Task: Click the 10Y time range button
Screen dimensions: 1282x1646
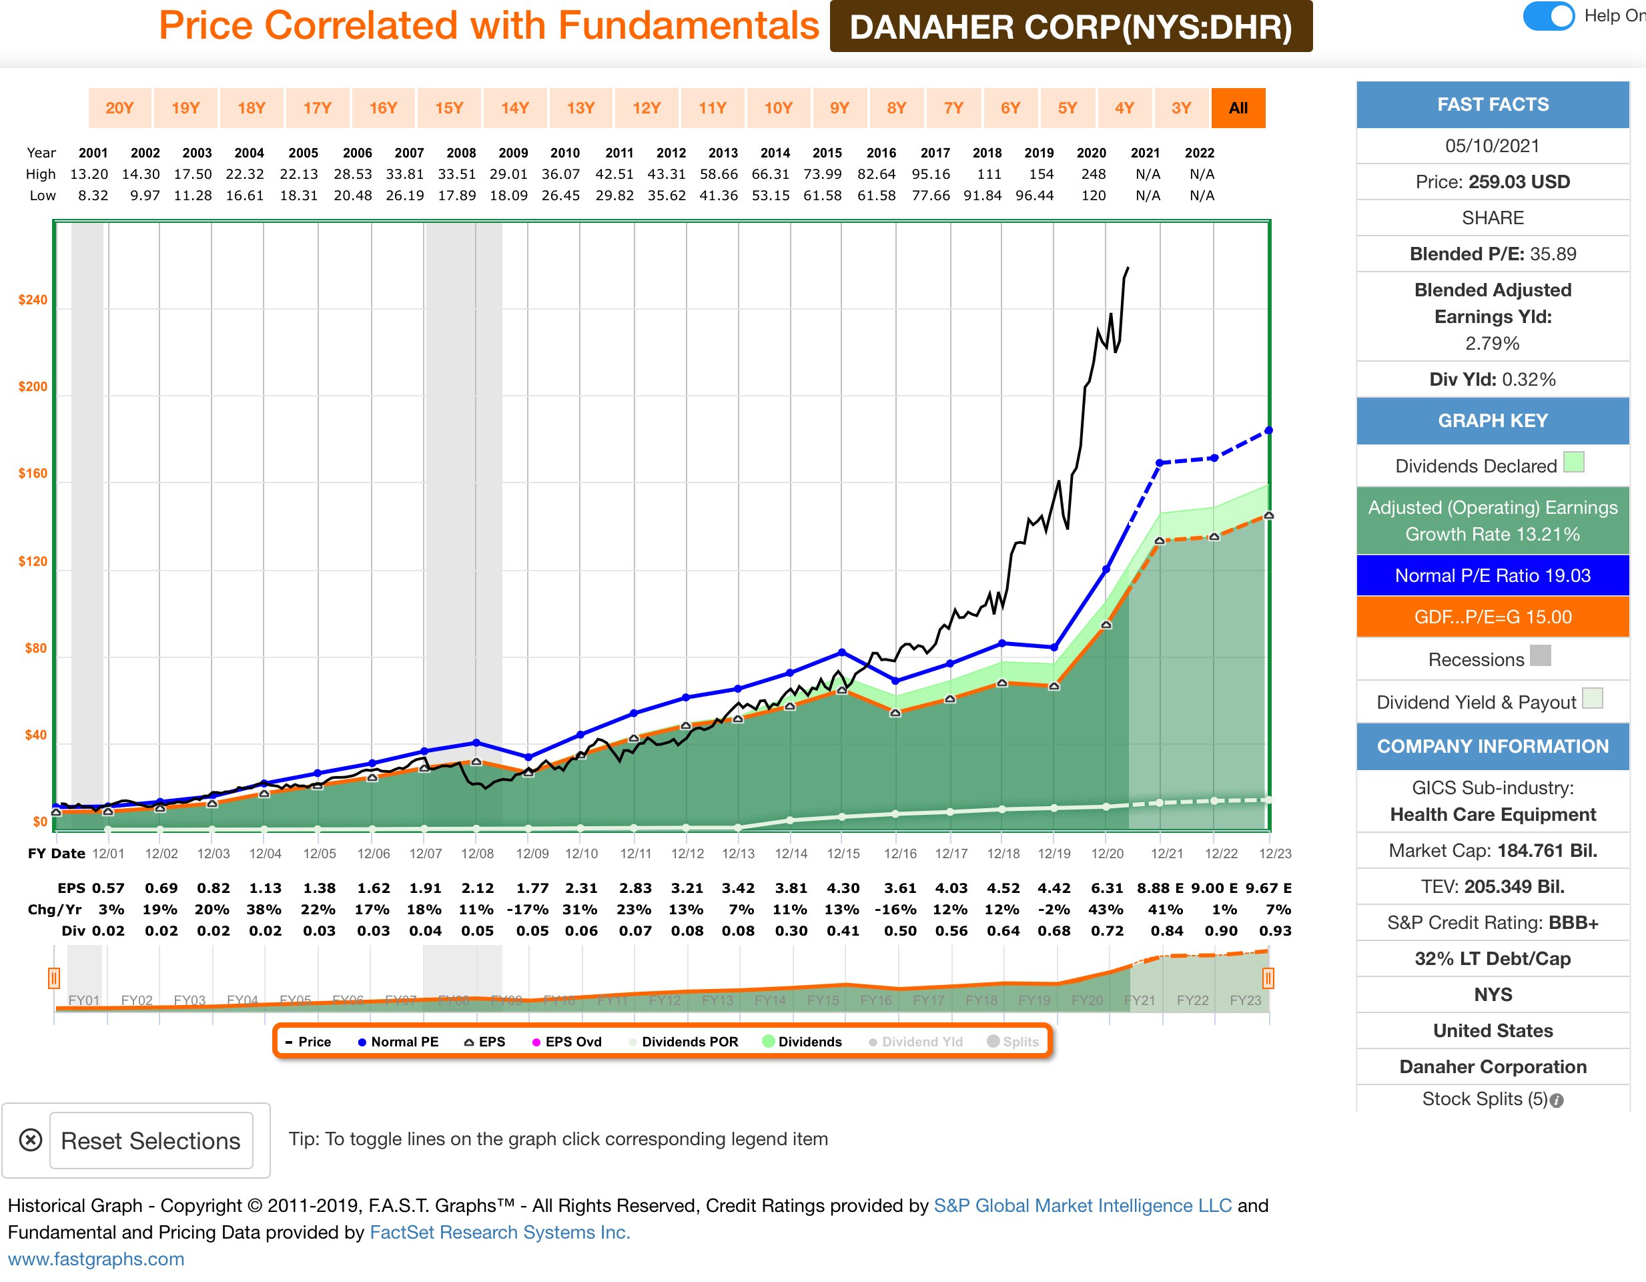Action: click(x=778, y=107)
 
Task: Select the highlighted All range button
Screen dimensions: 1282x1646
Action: click(x=1238, y=107)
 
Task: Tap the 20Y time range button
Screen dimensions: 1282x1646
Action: click(x=119, y=107)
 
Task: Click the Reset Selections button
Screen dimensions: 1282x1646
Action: click(x=151, y=1141)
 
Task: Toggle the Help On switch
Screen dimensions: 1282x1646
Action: click(x=1548, y=16)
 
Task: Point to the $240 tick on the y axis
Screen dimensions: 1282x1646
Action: click(x=33, y=300)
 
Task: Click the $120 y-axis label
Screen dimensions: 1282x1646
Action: click(x=33, y=561)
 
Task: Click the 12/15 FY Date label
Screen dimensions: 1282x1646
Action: click(x=843, y=853)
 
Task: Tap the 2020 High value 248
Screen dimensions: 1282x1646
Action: click(x=1093, y=174)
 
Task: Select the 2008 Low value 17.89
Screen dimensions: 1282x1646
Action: click(x=457, y=195)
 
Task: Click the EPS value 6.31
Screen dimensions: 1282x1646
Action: click(x=1106, y=888)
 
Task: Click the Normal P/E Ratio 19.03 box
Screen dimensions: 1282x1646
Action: click(x=1493, y=576)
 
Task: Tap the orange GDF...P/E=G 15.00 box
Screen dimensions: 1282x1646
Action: click(x=1493, y=617)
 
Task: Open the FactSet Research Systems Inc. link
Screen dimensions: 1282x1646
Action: click(x=499, y=1232)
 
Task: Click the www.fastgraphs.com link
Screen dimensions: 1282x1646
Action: click(x=95, y=1259)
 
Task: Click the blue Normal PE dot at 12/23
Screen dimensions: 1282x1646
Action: click(x=1268, y=430)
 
